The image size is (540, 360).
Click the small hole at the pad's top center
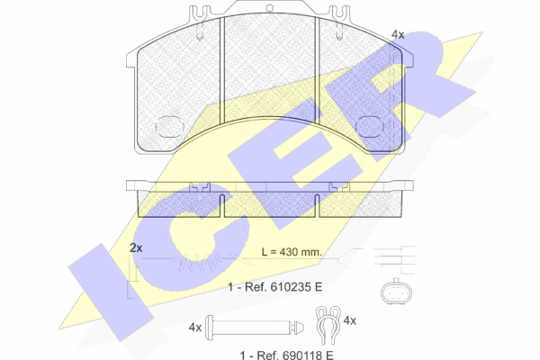(270, 8)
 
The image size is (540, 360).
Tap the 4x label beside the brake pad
(398, 34)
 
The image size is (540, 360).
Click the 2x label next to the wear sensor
(136, 247)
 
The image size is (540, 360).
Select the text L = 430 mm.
(292, 252)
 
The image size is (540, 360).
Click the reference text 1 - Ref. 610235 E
(275, 286)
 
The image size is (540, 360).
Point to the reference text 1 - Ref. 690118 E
(286, 355)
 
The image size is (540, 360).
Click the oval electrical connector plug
(396, 292)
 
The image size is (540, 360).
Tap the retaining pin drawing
(254, 327)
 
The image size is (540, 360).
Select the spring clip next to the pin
(328, 325)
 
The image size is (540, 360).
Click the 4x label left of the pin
(195, 328)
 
